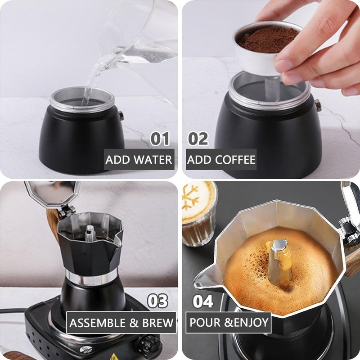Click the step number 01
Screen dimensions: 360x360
tap(160, 139)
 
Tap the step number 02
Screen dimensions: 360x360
tap(198, 139)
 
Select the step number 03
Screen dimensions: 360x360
tap(158, 301)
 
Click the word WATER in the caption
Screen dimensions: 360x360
tap(153, 160)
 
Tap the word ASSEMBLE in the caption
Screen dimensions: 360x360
tap(97, 323)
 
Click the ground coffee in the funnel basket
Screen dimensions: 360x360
tap(267, 39)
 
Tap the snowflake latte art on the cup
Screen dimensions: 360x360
tap(190, 198)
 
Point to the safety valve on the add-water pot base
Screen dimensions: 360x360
tap(121, 116)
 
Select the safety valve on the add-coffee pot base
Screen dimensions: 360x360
tap(318, 105)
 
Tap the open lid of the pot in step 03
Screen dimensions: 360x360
tap(52, 193)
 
